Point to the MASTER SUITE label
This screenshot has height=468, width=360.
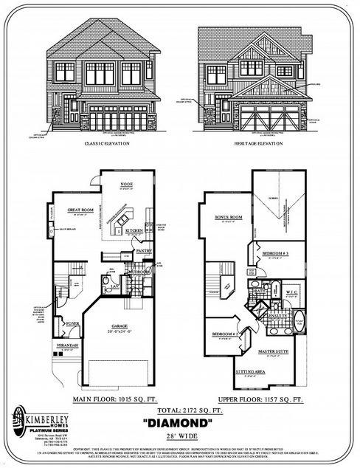274,351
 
